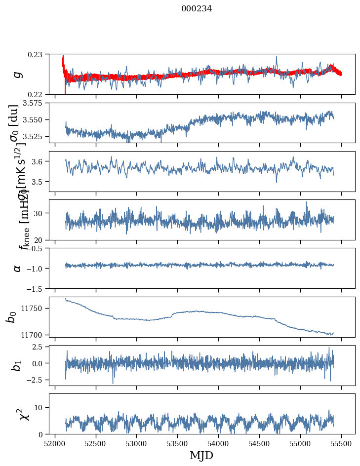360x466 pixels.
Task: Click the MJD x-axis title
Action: click(x=201, y=456)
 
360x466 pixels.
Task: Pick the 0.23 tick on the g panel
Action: click(x=36, y=54)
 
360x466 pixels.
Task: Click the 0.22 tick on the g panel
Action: click(x=36, y=94)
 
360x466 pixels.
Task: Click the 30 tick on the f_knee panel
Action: click(x=39, y=213)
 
